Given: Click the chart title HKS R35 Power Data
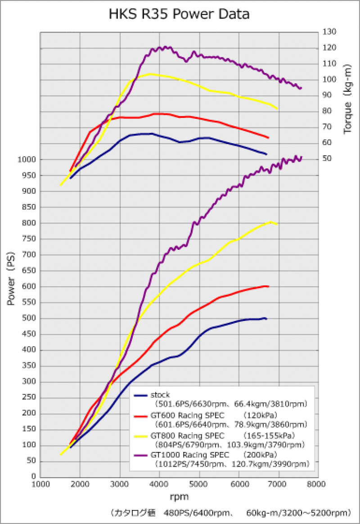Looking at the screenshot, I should click(x=179, y=14).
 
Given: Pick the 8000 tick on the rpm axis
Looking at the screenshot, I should click(x=318, y=484).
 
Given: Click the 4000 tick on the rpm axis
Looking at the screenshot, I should click(x=159, y=484).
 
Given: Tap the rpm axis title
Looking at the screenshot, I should click(x=179, y=497).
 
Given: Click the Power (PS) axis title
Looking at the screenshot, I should click(x=11, y=280).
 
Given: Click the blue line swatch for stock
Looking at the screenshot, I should click(x=141, y=395).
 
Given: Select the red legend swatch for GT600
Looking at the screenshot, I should click(x=141, y=417).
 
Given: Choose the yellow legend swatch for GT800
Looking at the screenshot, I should click(x=141, y=436).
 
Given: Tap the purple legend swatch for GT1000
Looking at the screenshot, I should click(x=141, y=456).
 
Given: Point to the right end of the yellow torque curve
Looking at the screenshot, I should click(x=277, y=109).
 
